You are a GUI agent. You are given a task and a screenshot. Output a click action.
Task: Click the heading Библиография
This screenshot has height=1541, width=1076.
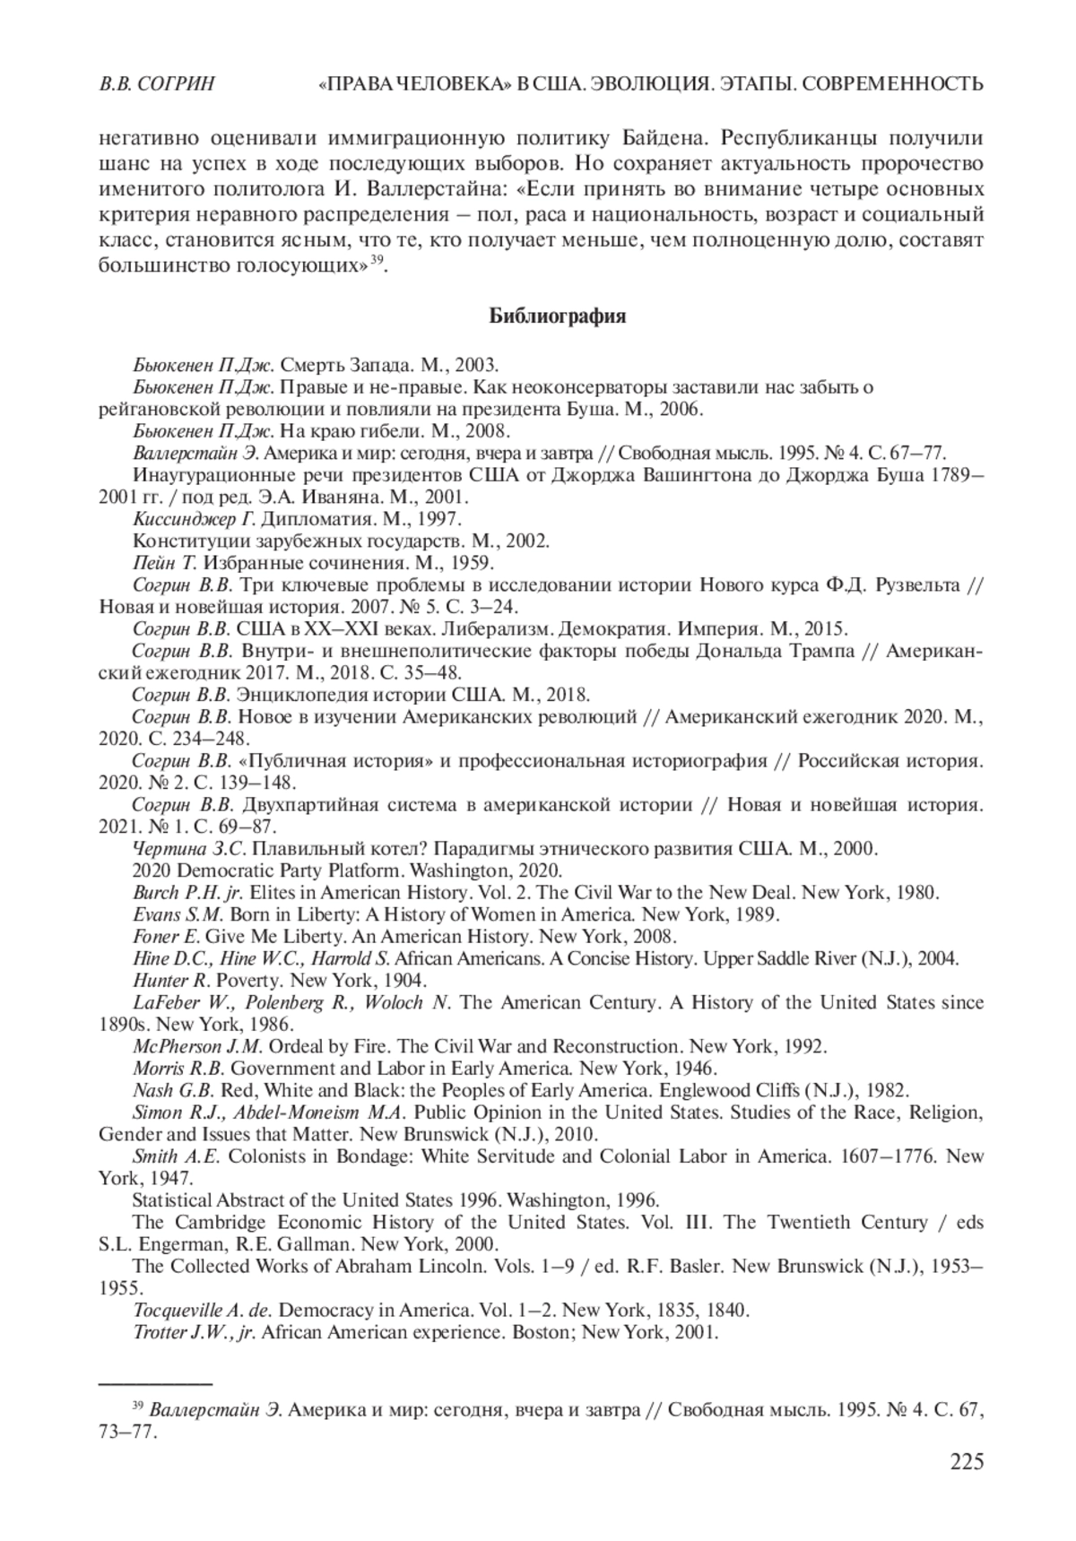coord(557,316)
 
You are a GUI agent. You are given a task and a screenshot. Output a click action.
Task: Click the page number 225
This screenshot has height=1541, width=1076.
coord(966,1462)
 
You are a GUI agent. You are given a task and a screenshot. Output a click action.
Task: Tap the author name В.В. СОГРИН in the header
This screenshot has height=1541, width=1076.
coord(157,84)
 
